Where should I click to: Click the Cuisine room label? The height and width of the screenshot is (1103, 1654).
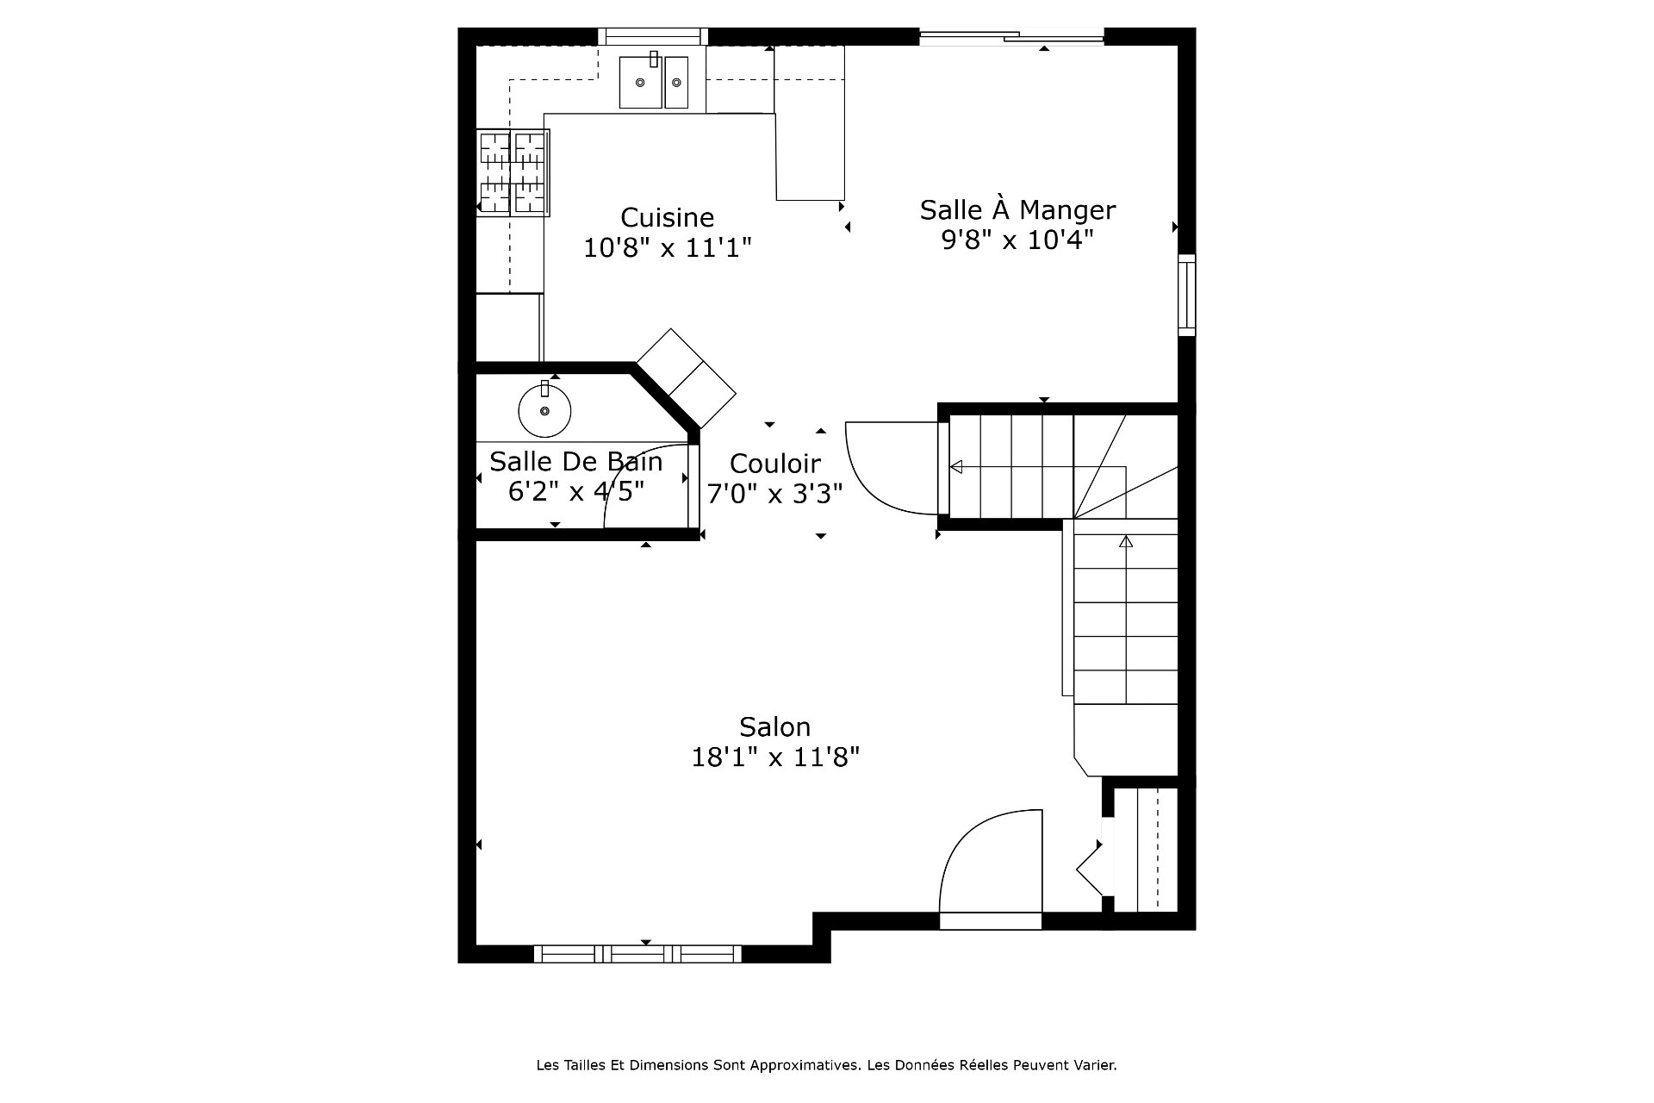668,217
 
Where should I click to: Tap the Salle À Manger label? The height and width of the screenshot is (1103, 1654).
1017,209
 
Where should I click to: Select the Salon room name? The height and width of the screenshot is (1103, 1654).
774,726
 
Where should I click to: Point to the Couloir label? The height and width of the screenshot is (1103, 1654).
774,464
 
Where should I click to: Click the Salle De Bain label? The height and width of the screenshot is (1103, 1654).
575,461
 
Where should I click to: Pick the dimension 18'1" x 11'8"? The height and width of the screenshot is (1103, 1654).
775,757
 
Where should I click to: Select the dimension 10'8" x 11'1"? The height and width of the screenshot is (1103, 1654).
668,248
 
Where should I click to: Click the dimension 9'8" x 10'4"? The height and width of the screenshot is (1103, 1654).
1017,240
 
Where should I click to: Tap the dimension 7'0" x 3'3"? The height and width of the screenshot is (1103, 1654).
774,494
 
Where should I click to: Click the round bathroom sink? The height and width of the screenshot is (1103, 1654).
544,410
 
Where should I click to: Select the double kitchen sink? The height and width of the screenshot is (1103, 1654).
654,81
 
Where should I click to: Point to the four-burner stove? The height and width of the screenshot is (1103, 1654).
513,172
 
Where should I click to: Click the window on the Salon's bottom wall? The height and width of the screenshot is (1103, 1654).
637,954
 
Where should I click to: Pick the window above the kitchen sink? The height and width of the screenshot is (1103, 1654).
652,36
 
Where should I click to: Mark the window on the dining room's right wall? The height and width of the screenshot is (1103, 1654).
1187,295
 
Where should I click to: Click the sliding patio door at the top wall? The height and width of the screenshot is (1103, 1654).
1011,36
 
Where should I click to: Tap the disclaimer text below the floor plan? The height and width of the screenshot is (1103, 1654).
826,1065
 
